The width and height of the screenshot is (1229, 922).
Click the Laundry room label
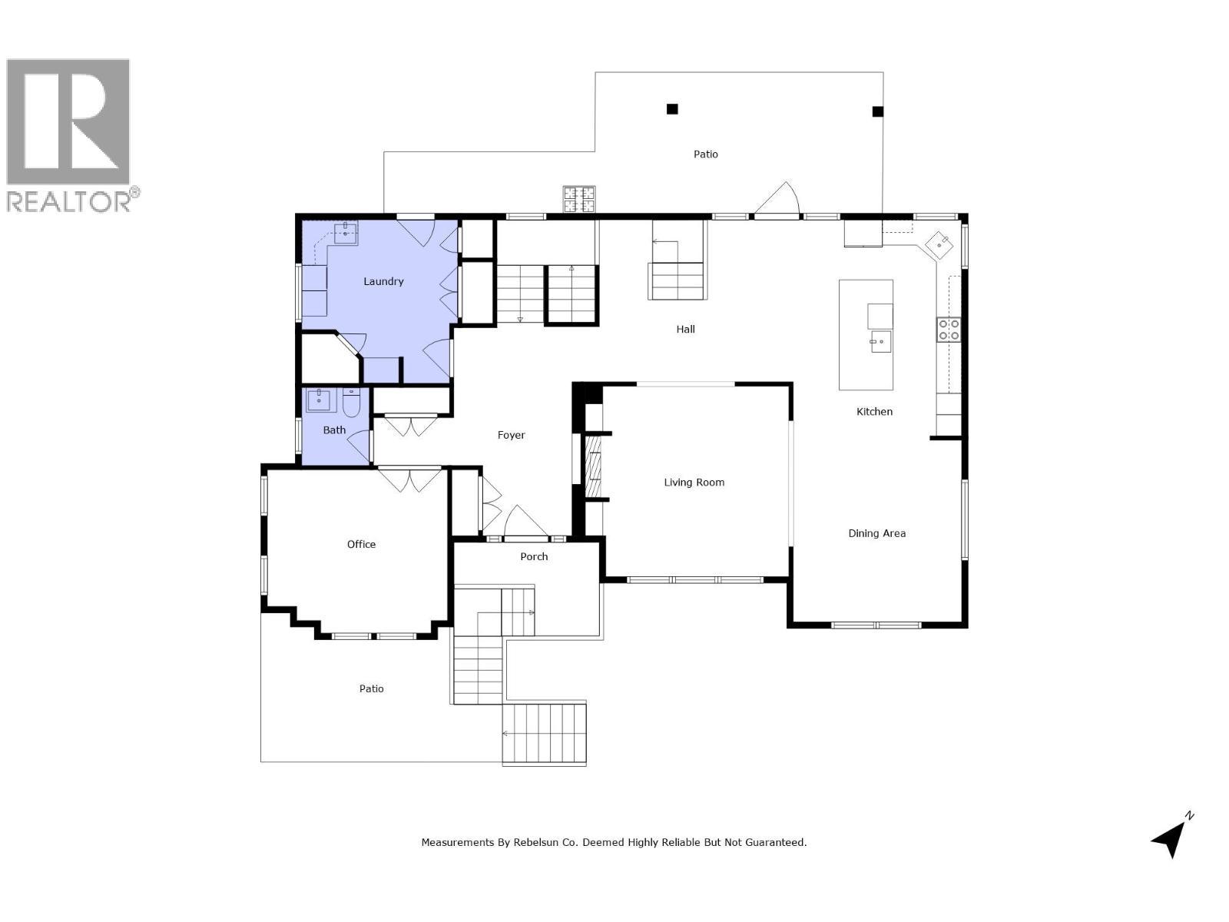pyautogui.click(x=383, y=282)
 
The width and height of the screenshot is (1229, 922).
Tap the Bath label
pyautogui.click(x=334, y=430)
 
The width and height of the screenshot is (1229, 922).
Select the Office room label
pyautogui.click(x=361, y=544)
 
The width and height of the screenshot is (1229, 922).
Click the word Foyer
pyautogui.click(x=511, y=435)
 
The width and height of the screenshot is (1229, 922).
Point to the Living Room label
pyautogui.click(x=694, y=483)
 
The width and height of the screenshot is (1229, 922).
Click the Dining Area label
pyautogui.click(x=876, y=533)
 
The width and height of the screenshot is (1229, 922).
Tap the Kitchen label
pyautogui.click(x=874, y=412)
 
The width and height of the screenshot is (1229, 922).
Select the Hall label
pyautogui.click(x=685, y=329)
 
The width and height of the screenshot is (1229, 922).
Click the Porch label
pyautogui.click(x=534, y=556)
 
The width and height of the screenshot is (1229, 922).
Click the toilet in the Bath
pyautogui.click(x=352, y=402)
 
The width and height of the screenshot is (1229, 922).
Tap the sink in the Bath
pyautogui.click(x=318, y=400)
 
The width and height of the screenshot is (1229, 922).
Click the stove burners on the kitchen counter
pyautogui.click(x=948, y=330)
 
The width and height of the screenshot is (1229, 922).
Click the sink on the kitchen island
pyautogui.click(x=880, y=340)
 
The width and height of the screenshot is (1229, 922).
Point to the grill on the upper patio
pyautogui.click(x=579, y=199)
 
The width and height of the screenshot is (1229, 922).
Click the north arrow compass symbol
pyautogui.click(x=1171, y=837)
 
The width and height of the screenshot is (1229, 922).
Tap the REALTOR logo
pyautogui.click(x=69, y=134)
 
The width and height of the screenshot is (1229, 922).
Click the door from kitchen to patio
pyautogui.click(x=777, y=201)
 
